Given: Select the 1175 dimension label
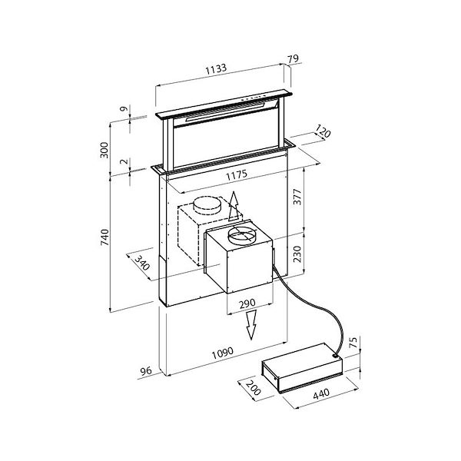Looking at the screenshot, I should (x=235, y=176).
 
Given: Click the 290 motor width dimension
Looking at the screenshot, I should (x=246, y=304).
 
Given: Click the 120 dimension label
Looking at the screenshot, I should (x=323, y=134).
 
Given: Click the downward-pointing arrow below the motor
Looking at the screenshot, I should (x=250, y=327).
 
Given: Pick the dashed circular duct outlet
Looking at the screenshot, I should (x=206, y=205).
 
